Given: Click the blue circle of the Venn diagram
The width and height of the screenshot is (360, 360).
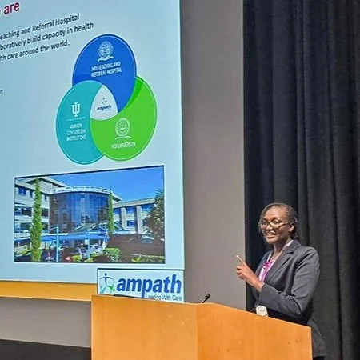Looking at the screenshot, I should [x=105, y=61].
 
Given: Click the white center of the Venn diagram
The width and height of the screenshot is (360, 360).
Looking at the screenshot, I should [x=104, y=105].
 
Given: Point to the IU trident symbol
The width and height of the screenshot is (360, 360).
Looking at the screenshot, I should [x=76, y=109].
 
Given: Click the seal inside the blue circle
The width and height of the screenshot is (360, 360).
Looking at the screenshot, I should [x=105, y=50].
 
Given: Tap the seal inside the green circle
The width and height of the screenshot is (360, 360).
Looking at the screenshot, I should [x=122, y=126].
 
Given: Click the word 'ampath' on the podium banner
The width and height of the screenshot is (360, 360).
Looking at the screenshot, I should [x=148, y=283].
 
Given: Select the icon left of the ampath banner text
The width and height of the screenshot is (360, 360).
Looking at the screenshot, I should [x=107, y=284].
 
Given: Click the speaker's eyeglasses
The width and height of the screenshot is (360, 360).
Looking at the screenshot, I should [x=272, y=224].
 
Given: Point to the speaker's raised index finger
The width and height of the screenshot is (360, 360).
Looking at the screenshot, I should [x=238, y=259].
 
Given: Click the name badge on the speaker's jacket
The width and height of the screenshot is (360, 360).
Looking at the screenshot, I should [x=262, y=310].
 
